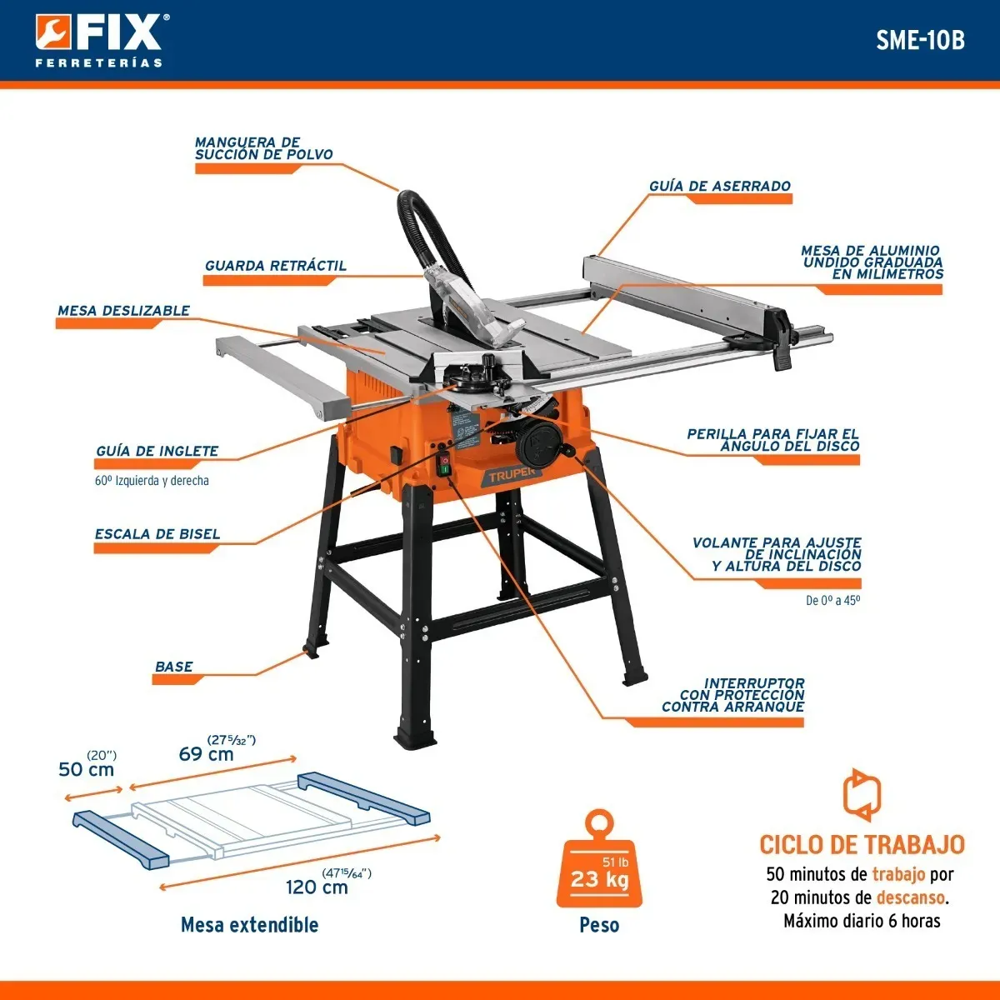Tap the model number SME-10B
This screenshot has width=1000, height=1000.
click(x=920, y=40)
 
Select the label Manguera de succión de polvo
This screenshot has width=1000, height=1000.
click(x=263, y=148)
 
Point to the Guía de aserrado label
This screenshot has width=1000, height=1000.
click(x=720, y=186)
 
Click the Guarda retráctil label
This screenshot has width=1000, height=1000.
click(x=276, y=266)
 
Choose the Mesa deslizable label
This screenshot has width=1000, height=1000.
click(x=123, y=311)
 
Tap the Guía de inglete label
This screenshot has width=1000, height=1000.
click(x=157, y=451)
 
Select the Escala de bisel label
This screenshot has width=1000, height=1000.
click(x=157, y=534)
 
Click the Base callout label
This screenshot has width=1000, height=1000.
click(x=174, y=667)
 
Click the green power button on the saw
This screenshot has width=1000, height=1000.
click(x=445, y=470)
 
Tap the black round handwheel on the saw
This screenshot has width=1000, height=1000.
click(x=538, y=443)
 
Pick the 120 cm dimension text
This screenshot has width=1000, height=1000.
click(x=317, y=887)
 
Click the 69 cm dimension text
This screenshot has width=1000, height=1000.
click(x=206, y=754)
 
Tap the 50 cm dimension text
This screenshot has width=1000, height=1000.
click(x=86, y=770)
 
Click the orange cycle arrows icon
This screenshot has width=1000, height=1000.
click(x=862, y=794)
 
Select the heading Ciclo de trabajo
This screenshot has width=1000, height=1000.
click(x=862, y=845)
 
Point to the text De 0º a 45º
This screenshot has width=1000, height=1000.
click(x=832, y=600)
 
